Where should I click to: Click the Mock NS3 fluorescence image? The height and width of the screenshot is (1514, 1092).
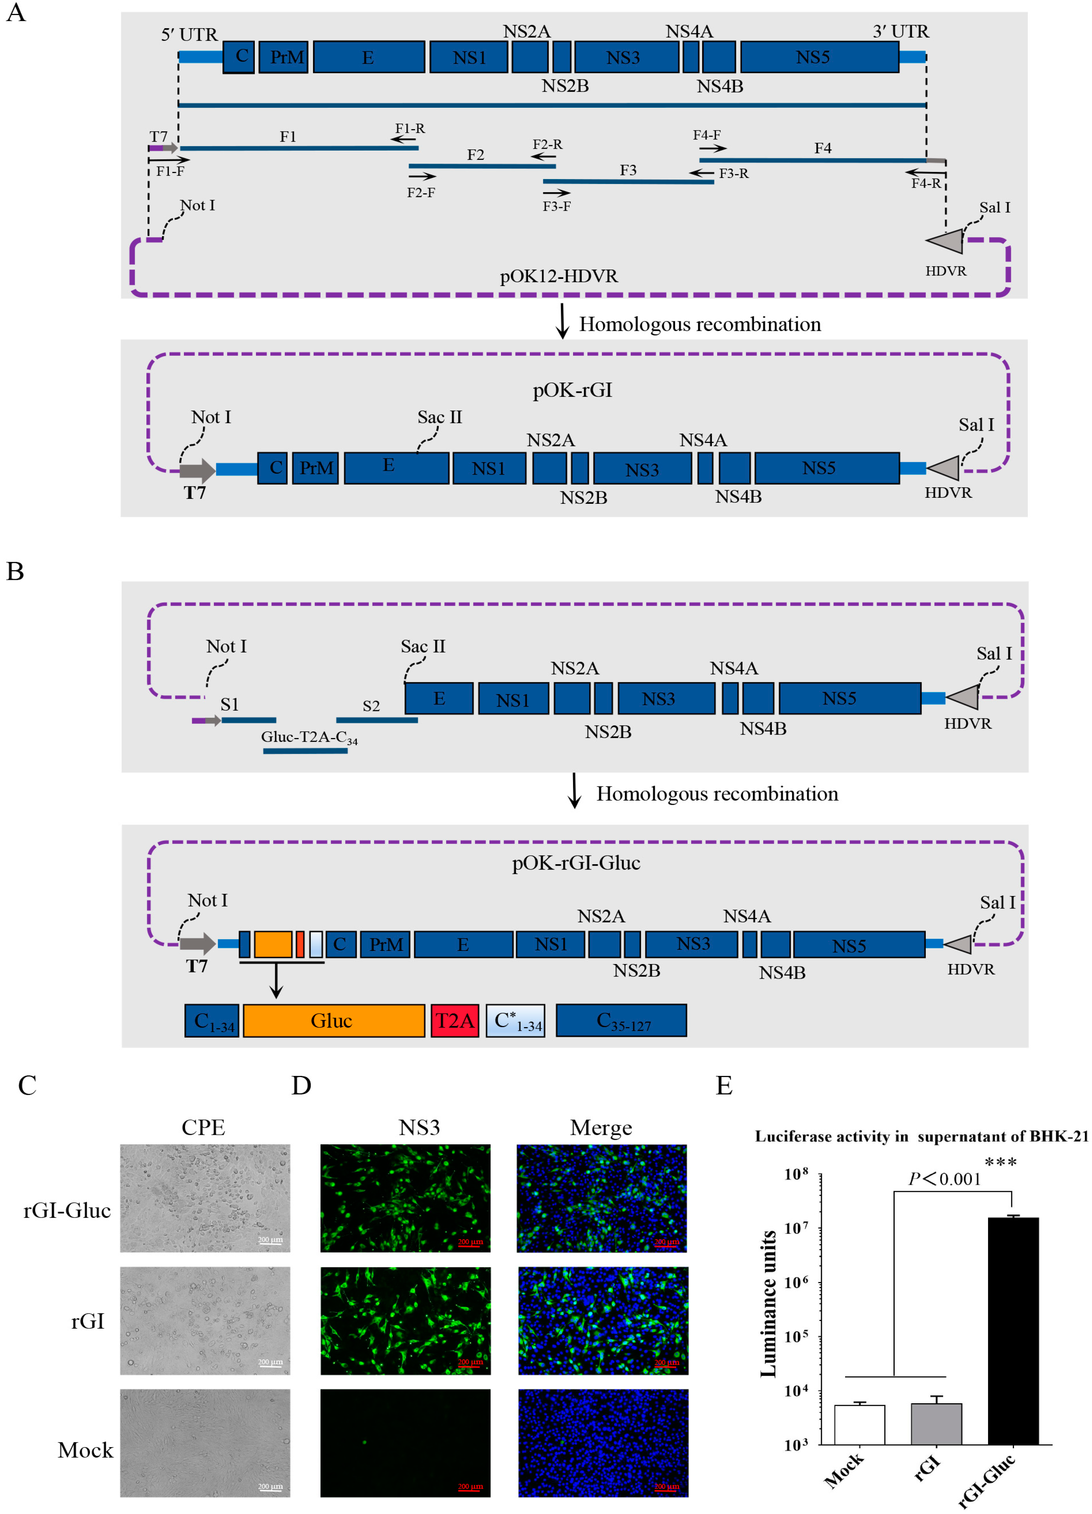pyautogui.click(x=405, y=1443)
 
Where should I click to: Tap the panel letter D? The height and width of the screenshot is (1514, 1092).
pyautogui.click(x=301, y=1085)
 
